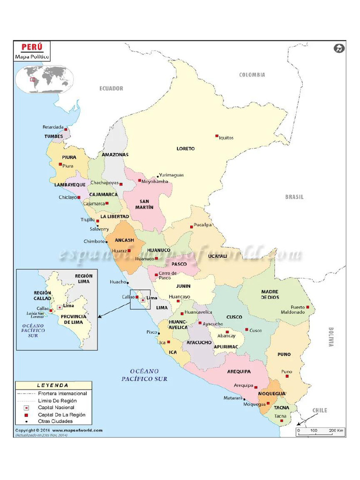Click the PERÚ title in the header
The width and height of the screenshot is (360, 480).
pyautogui.click(x=31, y=48)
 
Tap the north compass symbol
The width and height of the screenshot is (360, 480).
pyautogui.click(x=339, y=48)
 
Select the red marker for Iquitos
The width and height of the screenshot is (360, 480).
pyautogui.click(x=217, y=136)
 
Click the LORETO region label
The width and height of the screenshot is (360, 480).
pyautogui.click(x=186, y=149)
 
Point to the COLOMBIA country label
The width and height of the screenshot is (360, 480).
pyautogui.click(x=252, y=75)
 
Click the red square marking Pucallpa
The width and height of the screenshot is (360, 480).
pyautogui.click(x=191, y=226)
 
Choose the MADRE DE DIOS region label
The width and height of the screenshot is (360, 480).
pyautogui.click(x=270, y=294)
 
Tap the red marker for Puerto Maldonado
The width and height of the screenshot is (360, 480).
pyautogui.click(x=308, y=307)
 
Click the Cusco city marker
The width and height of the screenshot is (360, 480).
pyautogui.click(x=247, y=330)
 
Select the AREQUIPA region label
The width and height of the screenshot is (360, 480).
pyautogui.click(x=240, y=371)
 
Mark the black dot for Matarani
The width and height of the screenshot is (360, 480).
pyautogui.click(x=244, y=399)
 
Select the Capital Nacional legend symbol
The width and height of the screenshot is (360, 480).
pyautogui.click(x=26, y=408)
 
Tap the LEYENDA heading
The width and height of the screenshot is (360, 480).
pyautogui.click(x=52, y=385)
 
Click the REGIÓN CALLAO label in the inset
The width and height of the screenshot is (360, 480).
pyautogui.click(x=42, y=295)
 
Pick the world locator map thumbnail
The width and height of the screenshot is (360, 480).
pyautogui.click(x=45, y=78)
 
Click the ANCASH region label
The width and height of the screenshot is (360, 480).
pyautogui.click(x=124, y=240)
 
